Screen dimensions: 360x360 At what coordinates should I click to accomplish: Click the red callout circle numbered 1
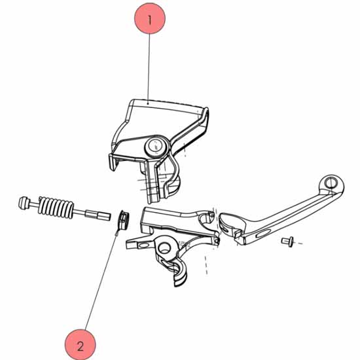pos(150,18)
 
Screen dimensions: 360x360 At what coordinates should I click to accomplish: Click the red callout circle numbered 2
pos(80,345)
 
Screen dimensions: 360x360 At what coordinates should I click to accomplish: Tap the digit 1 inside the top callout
pos(150,20)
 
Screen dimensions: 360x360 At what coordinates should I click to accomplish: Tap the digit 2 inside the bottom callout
pos(81,346)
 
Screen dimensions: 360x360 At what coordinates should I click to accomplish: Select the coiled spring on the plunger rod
pos(56,207)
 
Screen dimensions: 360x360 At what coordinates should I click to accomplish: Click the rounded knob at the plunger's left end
pos(24,203)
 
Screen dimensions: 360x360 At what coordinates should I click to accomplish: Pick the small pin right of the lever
pos(287,242)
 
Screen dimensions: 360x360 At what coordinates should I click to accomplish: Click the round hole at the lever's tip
pos(331,183)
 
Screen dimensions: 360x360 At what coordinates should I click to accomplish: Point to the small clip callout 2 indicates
pos(123,221)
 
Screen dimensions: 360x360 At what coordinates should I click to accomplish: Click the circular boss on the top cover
pos(155,146)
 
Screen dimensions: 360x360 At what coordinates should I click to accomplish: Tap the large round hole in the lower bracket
pos(164,247)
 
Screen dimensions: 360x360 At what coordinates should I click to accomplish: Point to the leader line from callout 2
pos(101,281)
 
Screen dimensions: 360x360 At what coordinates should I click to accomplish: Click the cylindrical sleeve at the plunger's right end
pos(98,215)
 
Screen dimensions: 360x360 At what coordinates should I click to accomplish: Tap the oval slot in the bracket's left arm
pos(143,245)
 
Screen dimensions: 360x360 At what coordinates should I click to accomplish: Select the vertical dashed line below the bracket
pos(206,265)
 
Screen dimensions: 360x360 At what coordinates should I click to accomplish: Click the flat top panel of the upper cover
pos(161,119)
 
